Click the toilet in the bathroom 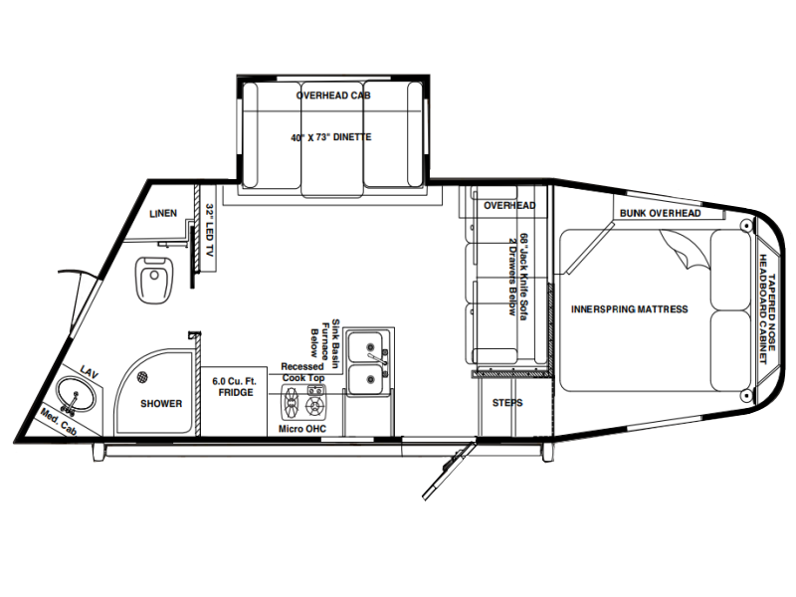pyautogui.click(x=154, y=281)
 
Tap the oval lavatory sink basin pyautogui.click(x=77, y=394)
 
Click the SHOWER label pyautogui.click(x=161, y=404)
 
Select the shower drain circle pyautogui.click(x=142, y=377)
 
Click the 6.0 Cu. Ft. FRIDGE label pyautogui.click(x=235, y=387)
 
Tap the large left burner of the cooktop pyautogui.click(x=291, y=402)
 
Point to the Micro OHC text pyautogui.click(x=302, y=429)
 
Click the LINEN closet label pyautogui.click(x=163, y=213)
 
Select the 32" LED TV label pyautogui.click(x=209, y=230)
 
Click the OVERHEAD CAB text pyautogui.click(x=333, y=96)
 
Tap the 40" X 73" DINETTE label pyautogui.click(x=331, y=137)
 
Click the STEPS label pyautogui.click(x=507, y=403)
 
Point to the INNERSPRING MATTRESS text pyautogui.click(x=630, y=309)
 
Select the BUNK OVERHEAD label pyautogui.click(x=660, y=213)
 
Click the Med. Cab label pyautogui.click(x=59, y=422)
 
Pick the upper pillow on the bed pyautogui.click(x=730, y=270)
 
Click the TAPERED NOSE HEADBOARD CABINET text pyautogui.click(x=766, y=309)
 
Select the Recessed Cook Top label pyautogui.click(x=302, y=372)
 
